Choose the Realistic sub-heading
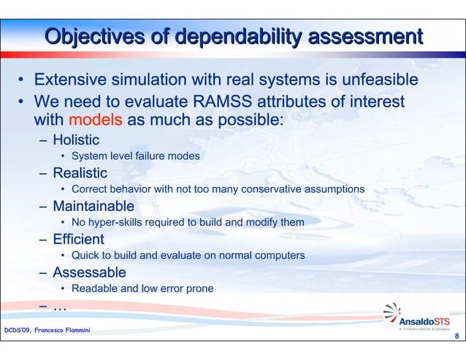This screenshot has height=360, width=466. tap(80, 173)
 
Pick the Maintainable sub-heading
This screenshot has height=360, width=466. tap(93, 206)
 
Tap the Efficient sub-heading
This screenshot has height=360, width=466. tap(78, 239)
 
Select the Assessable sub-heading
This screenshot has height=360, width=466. tap(89, 272)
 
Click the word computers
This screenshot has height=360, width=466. tap(280, 256)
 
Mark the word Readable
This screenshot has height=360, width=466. tap(94, 288)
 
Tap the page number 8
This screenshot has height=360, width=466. tap(457, 337)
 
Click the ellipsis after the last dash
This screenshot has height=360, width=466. tap(60, 307)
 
